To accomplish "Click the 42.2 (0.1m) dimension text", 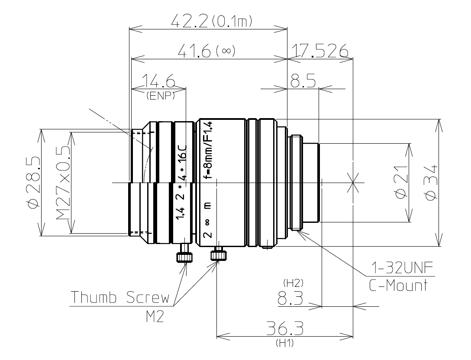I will pos(212,21).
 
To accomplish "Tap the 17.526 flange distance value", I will pos(320,51).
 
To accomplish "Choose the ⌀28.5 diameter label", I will pos(34,182).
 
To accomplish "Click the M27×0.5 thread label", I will pos(64,182).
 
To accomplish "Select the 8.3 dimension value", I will pos(288,299).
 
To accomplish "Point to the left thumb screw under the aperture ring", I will pos(184,255).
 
